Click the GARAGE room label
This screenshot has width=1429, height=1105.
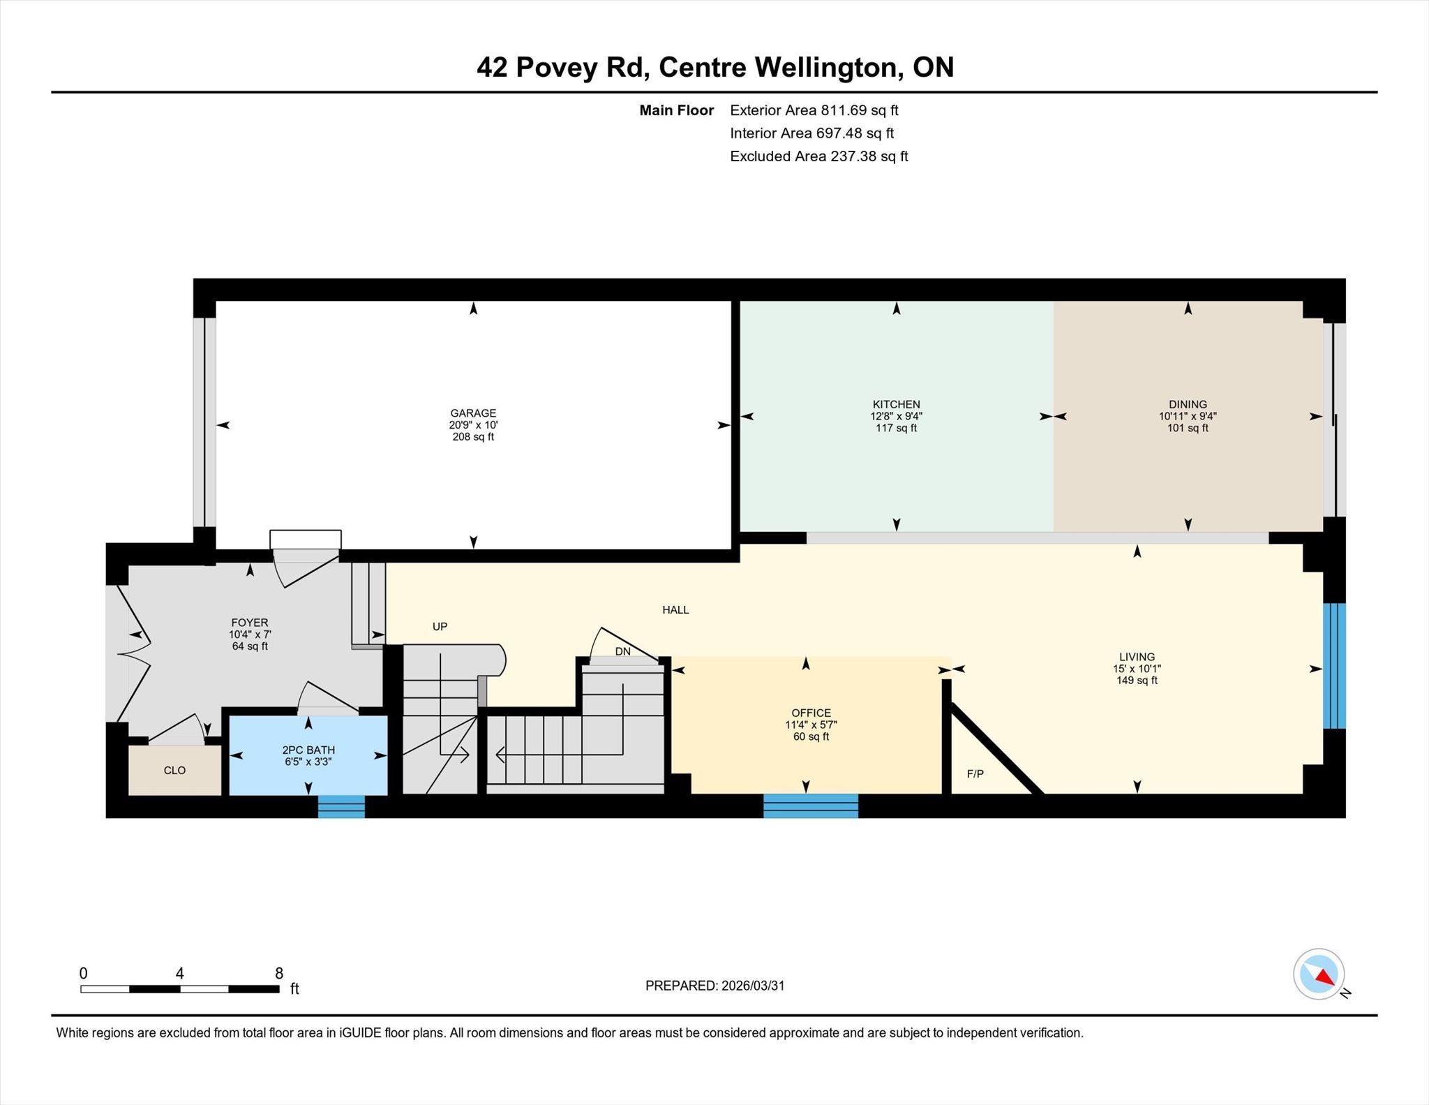click(473, 413)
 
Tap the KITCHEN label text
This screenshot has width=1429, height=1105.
click(897, 404)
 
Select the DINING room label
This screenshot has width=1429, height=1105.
click(1188, 404)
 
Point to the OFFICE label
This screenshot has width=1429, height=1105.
click(811, 713)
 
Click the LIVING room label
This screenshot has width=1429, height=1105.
click(1137, 657)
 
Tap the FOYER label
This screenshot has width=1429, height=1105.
click(250, 623)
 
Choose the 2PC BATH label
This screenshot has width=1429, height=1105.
click(308, 750)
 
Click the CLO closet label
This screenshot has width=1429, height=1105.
click(174, 771)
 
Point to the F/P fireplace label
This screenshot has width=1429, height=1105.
click(975, 774)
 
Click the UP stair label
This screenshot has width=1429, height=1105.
click(440, 627)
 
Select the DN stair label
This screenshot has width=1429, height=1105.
click(623, 652)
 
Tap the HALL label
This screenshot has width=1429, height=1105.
click(675, 610)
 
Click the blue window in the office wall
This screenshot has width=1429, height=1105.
click(811, 806)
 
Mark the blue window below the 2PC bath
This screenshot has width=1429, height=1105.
click(341, 806)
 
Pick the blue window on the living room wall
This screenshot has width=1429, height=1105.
click(1334, 666)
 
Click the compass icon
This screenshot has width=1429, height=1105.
click(1319, 974)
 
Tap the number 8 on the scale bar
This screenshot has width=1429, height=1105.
click(279, 973)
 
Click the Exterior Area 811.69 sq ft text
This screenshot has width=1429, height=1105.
click(814, 110)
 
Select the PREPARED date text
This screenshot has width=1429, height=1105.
click(715, 986)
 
